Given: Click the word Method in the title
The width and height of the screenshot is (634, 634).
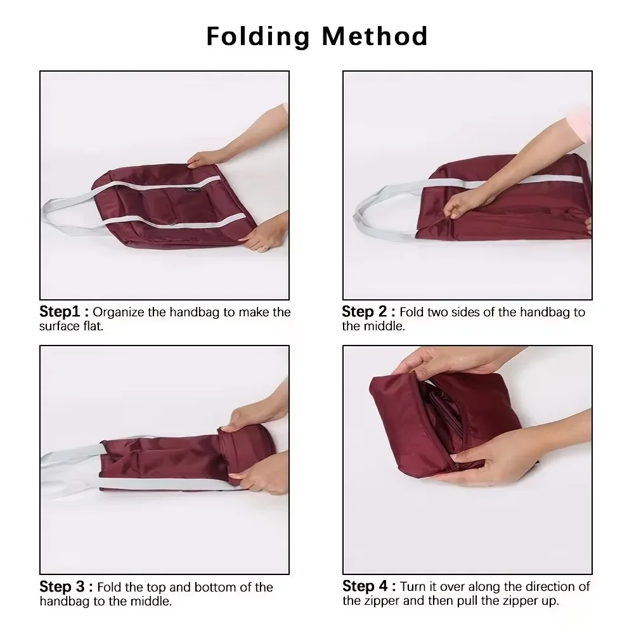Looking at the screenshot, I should coord(375,36).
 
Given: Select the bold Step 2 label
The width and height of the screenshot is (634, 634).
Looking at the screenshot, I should coord(368,312).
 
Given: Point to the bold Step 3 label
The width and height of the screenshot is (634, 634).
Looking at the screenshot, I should coord(66,587).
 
